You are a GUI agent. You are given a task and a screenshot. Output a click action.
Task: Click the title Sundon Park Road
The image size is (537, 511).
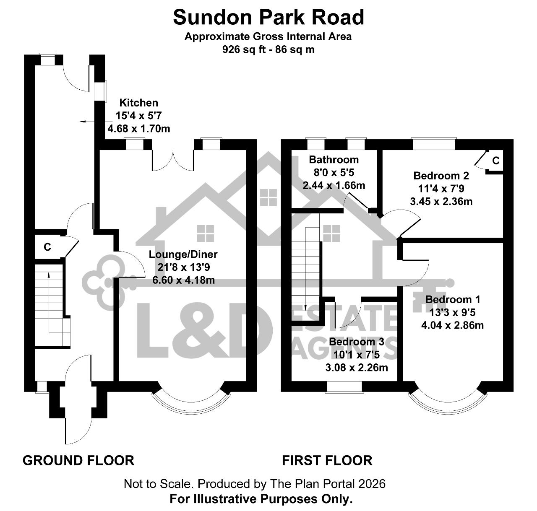268,17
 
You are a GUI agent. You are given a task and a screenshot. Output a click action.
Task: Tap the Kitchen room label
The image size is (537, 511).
139,103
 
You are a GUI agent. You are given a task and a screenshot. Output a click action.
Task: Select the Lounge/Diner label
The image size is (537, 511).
183,254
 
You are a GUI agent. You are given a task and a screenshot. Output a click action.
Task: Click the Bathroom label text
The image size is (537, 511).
334,160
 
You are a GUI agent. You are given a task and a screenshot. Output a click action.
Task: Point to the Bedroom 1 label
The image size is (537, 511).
453,299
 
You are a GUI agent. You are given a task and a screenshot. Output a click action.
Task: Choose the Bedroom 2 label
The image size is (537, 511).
441,176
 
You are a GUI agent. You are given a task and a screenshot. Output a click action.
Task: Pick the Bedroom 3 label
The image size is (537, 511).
357,342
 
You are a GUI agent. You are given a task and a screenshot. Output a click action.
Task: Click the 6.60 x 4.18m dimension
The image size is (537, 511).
184,280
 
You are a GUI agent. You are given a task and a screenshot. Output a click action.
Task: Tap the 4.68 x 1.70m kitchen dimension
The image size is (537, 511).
139,129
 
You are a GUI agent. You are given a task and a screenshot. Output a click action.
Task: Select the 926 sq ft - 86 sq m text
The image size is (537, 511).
268,49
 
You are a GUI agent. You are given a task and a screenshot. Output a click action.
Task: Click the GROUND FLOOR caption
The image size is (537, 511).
78,461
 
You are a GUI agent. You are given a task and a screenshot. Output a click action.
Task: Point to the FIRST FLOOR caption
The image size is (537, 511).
327,461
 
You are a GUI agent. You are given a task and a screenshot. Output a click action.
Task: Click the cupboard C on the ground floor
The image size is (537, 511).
47,247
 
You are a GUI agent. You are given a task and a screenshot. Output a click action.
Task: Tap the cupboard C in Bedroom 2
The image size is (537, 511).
496,161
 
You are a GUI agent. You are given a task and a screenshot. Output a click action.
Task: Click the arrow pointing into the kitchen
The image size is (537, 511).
96,122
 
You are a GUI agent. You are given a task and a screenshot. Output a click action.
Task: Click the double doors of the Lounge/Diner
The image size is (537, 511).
173,161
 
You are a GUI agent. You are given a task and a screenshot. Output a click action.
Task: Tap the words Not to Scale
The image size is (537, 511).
157,484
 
